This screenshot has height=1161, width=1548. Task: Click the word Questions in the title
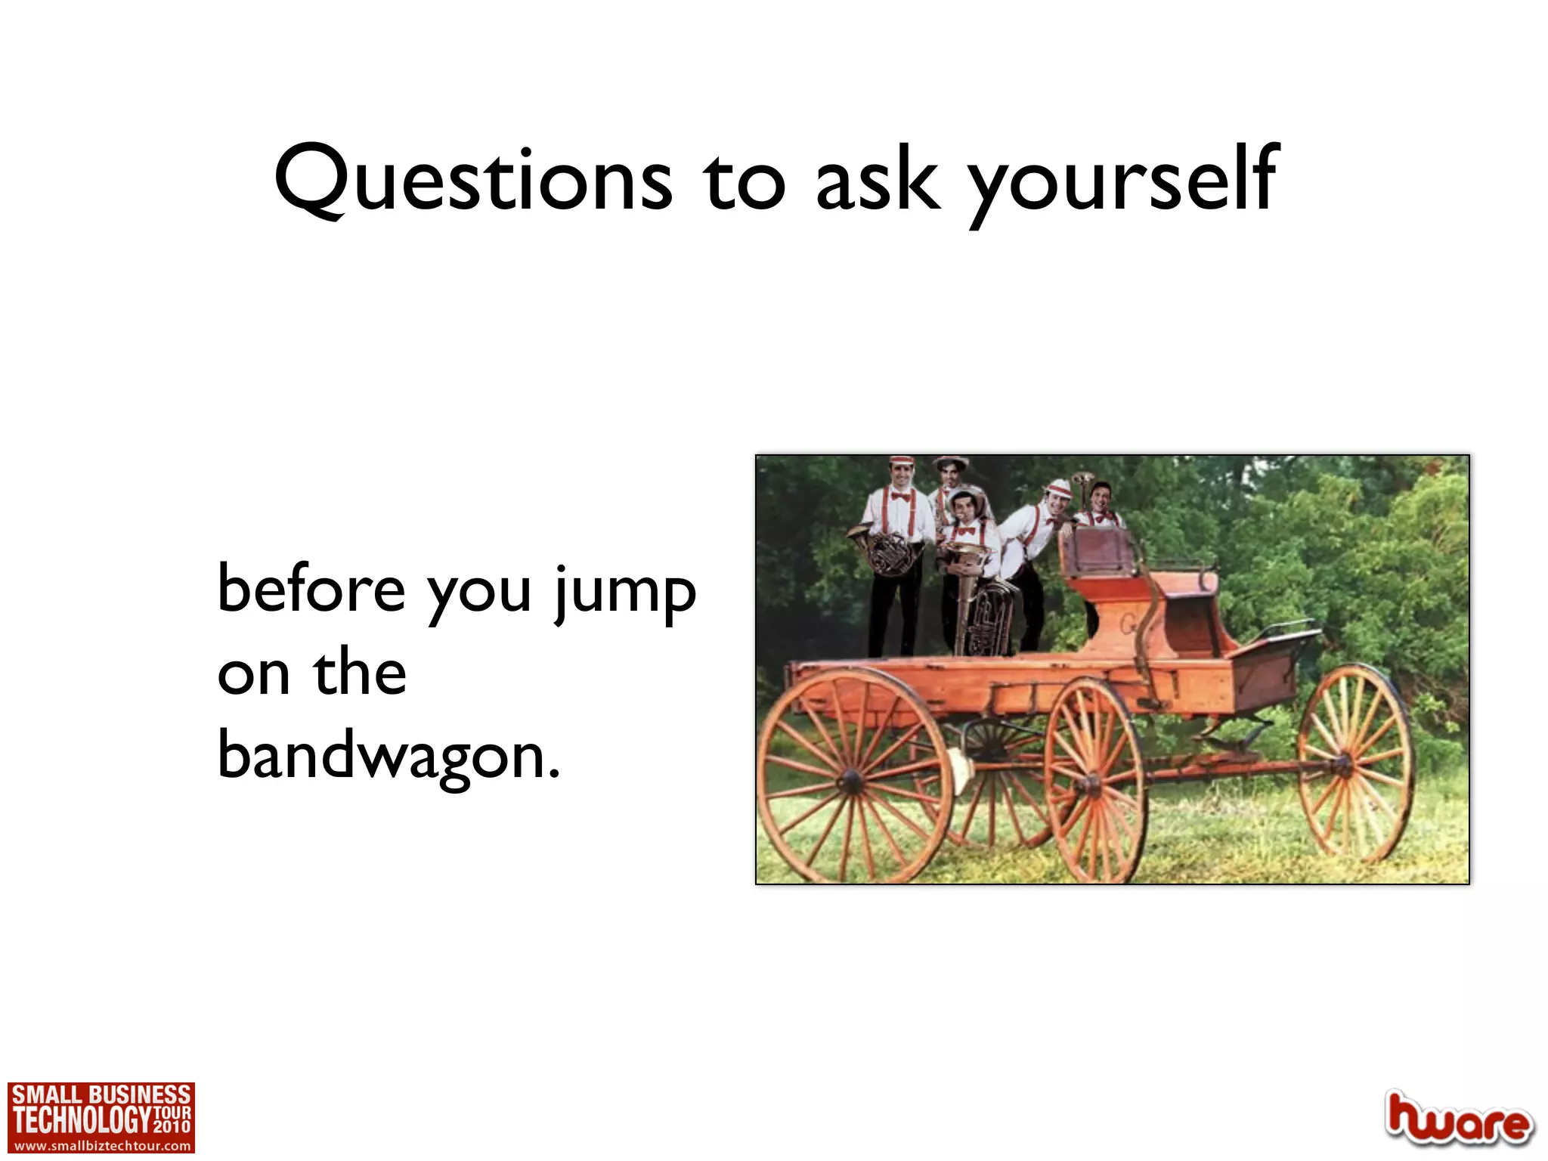tap(473, 179)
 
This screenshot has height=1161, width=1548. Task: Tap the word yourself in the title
tap(1123, 181)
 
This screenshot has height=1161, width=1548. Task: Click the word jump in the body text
tap(624, 594)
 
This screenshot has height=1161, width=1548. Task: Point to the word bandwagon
tap(389, 756)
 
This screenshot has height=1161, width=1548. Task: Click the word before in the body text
tap(311, 590)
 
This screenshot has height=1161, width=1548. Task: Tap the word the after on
tap(360, 673)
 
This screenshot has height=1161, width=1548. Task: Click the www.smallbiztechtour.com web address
tap(101, 1146)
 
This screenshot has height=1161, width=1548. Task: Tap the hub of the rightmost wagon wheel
tap(1342, 765)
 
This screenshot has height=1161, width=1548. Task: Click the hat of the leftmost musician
tap(901, 461)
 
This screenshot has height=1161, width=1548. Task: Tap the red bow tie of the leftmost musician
tap(899, 497)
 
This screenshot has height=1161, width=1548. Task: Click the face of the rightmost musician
tap(1101, 497)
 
